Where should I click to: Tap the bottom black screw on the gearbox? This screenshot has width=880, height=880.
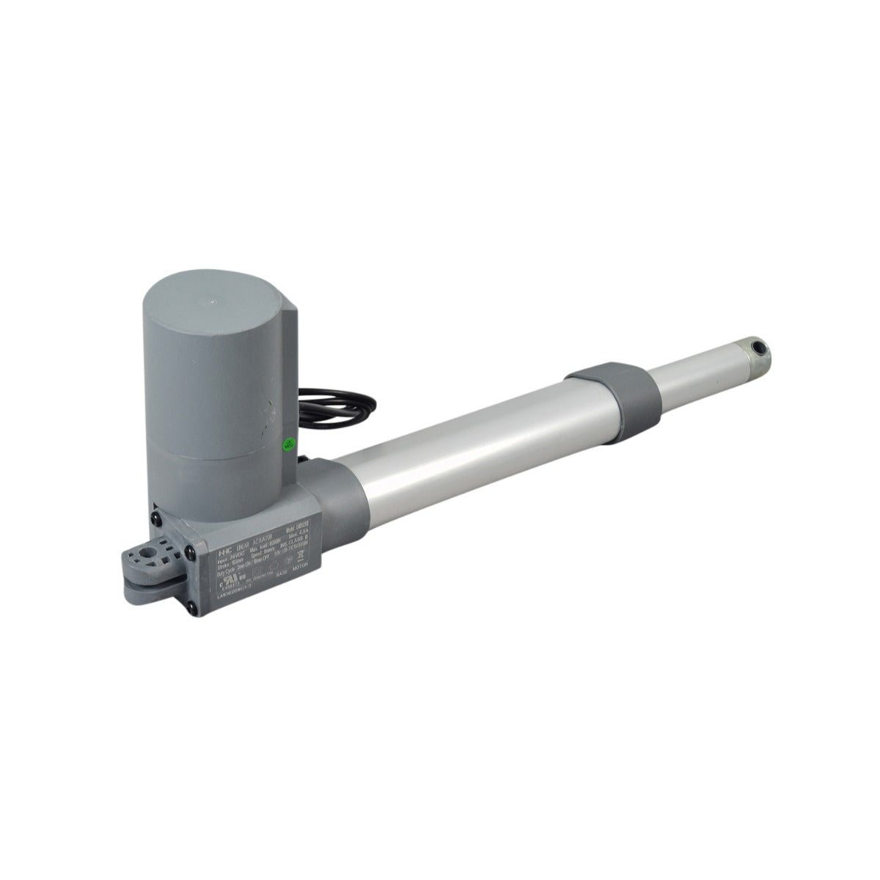point(191,607)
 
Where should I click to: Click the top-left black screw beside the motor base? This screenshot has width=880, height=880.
point(156,520)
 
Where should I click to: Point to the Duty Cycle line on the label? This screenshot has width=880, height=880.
point(243,564)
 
